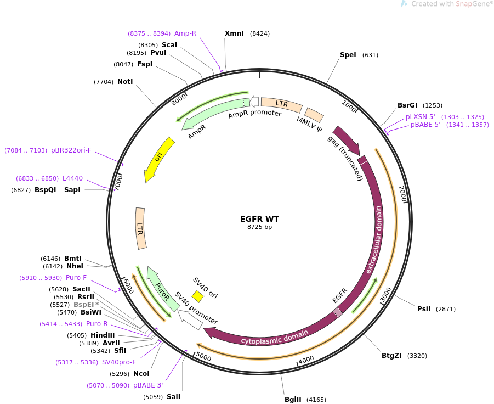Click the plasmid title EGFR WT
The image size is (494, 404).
click(x=259, y=219)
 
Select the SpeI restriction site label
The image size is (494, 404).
click(x=348, y=55)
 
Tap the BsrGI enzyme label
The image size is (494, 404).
click(x=407, y=105)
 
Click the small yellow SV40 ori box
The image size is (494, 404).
click(x=197, y=296)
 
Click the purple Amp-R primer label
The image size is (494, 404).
click(x=185, y=33)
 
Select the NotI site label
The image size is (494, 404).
click(x=125, y=82)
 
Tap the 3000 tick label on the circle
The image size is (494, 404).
click(x=386, y=295)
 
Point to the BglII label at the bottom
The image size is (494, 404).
click(x=293, y=400)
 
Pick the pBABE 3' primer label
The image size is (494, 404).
click(x=148, y=385)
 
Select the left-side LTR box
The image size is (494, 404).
click(x=141, y=228)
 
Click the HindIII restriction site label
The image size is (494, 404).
click(x=103, y=335)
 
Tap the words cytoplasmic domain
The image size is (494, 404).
click(x=275, y=338)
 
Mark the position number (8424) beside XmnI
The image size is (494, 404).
click(x=259, y=33)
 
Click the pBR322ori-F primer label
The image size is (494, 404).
click(x=71, y=150)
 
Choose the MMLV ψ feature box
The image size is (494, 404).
click(x=314, y=115)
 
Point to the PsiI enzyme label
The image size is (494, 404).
click(x=424, y=308)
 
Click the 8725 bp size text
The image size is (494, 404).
click(x=259, y=227)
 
